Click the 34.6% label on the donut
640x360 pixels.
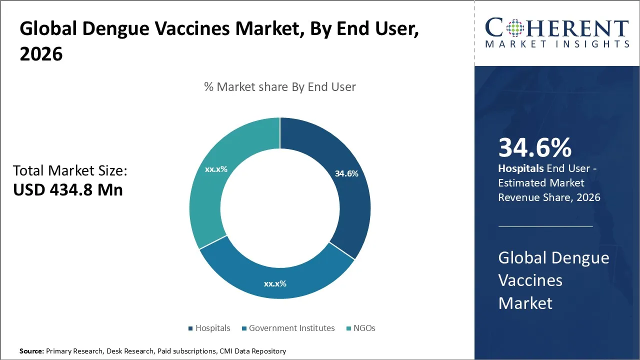pos(346,173)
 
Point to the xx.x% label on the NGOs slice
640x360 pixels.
pos(216,169)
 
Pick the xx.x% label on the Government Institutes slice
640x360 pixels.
pos(275,283)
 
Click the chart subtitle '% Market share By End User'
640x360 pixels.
pos(280,87)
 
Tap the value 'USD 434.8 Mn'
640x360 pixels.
pos(67,190)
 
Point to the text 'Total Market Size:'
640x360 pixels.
pos(70,171)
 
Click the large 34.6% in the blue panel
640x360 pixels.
pos(535,148)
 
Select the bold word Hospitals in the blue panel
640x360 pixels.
pos(520,168)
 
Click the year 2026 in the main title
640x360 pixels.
pos(41,54)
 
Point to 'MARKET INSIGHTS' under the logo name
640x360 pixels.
pos(557,44)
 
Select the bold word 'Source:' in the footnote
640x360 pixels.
pos(31,351)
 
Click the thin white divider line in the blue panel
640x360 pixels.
pos(545,226)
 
